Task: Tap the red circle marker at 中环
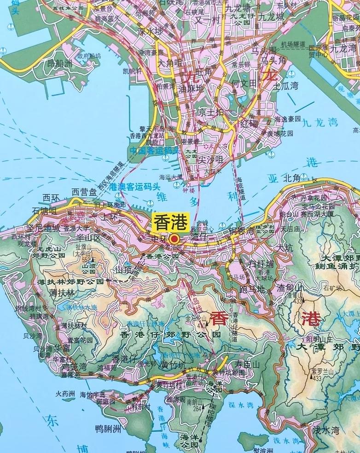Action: coord(174,239)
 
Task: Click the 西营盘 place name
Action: coord(84,191)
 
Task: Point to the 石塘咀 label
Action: coord(44,211)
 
